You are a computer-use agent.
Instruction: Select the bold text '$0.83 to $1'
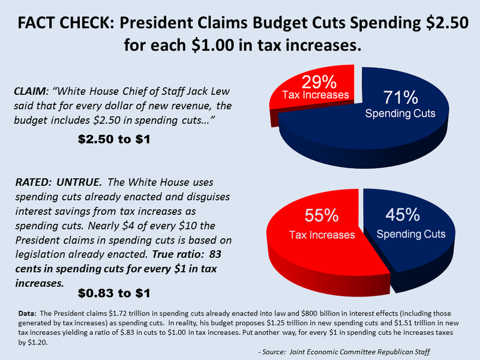click(x=114, y=293)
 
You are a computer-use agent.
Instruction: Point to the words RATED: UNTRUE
click(x=53, y=182)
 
